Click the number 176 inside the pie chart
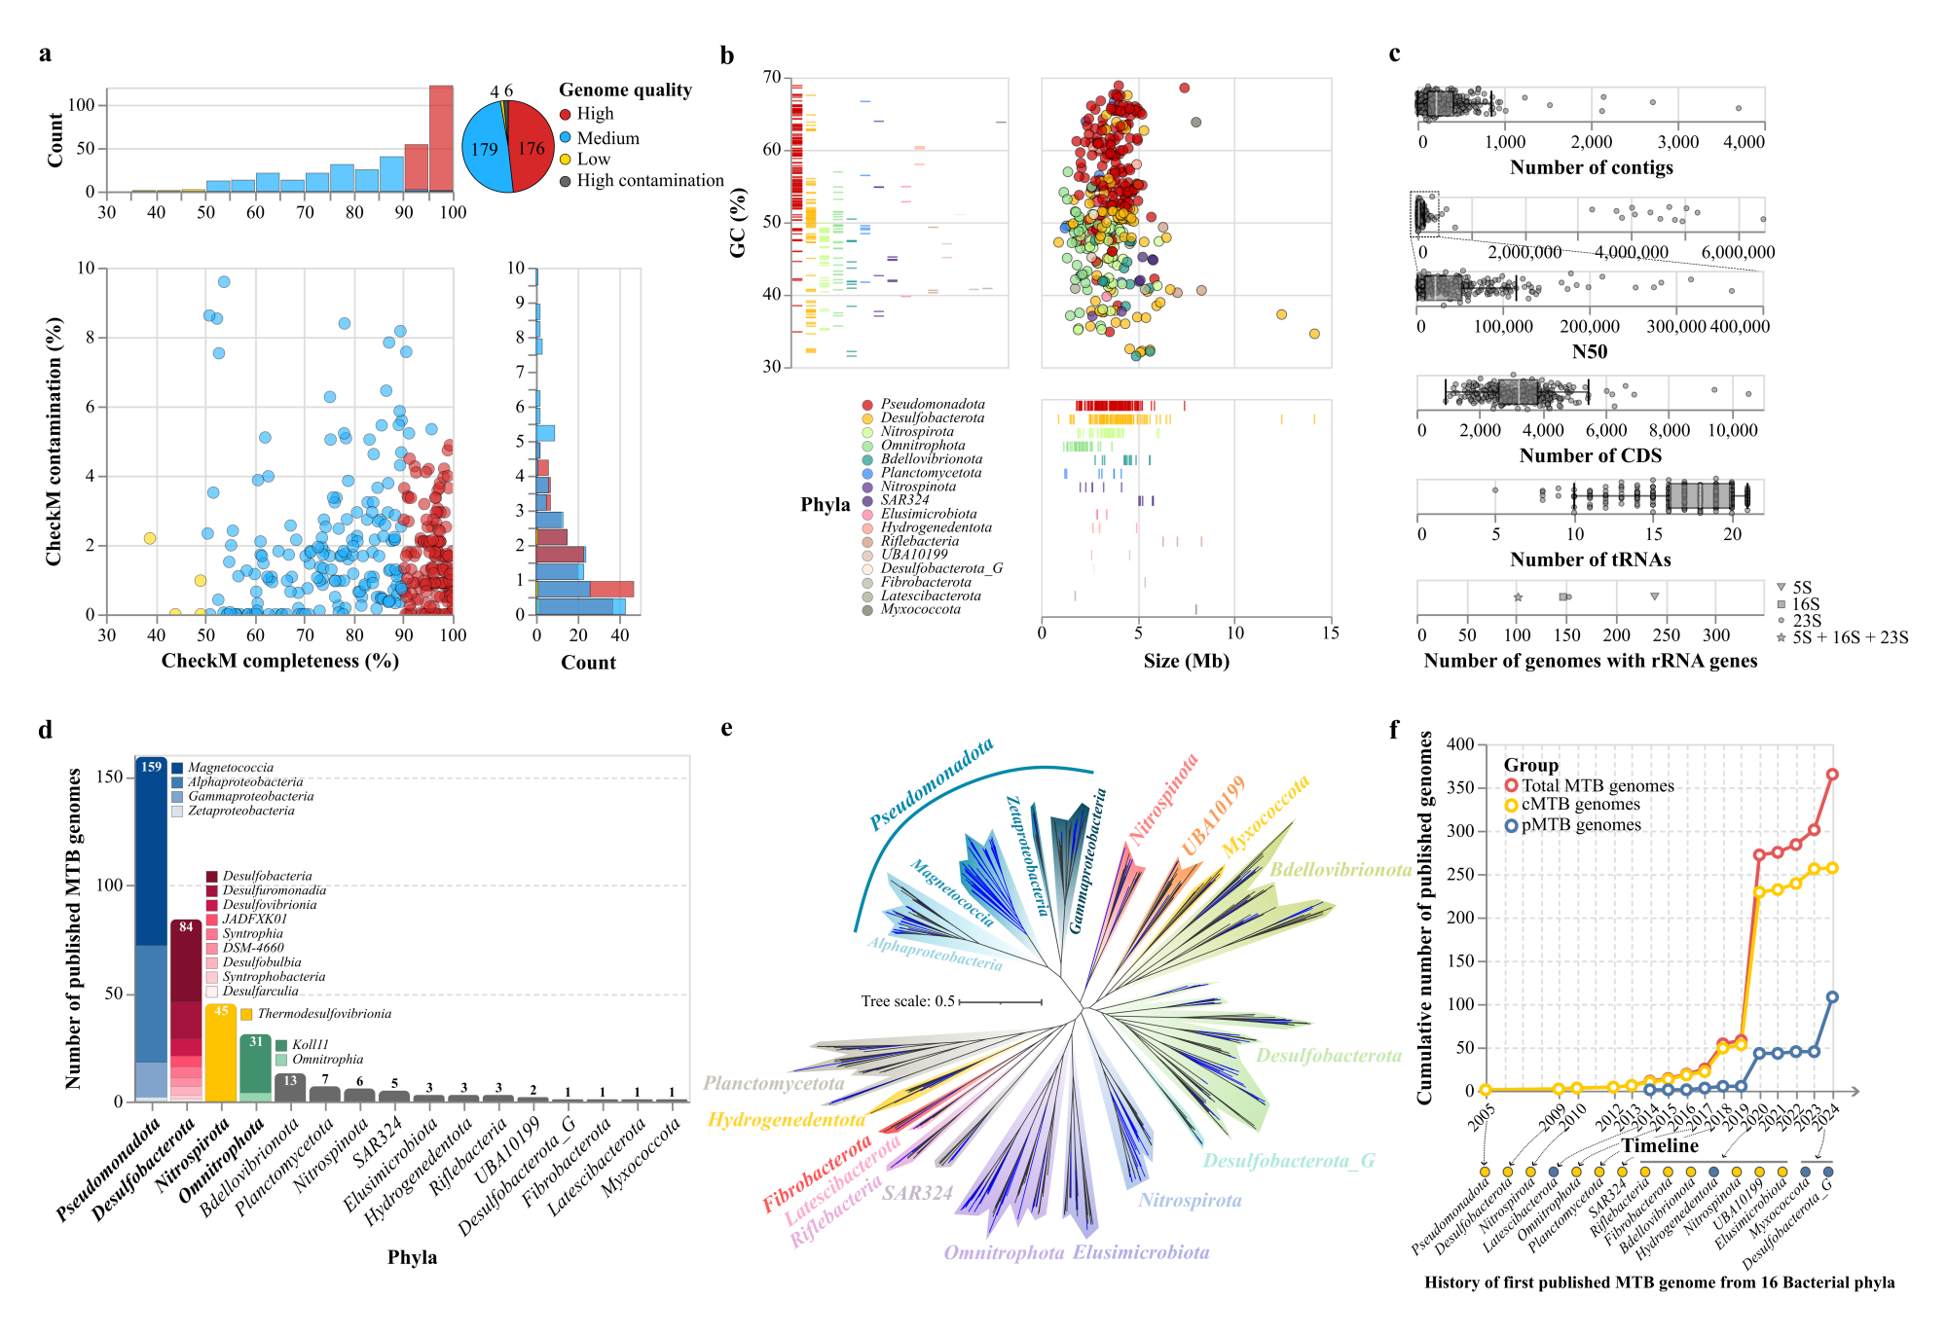(531, 149)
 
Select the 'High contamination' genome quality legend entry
(649, 181)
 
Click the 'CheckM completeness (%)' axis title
(279, 662)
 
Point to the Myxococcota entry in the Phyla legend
(920, 610)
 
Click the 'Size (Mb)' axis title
(1186, 662)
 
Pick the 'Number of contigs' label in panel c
(1591, 167)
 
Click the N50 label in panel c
(1589, 352)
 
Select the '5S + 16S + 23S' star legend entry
(1850, 638)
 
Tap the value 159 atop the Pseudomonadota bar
(151, 767)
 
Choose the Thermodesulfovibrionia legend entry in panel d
(324, 1014)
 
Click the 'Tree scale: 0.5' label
(907, 1001)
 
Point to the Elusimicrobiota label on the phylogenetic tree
(1141, 1252)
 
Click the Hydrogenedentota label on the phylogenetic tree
(786, 1120)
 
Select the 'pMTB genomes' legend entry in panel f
(1581, 825)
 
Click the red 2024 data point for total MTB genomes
(1832, 775)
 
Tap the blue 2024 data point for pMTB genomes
(1832, 997)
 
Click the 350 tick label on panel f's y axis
(1460, 787)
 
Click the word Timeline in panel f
(1659, 1145)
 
